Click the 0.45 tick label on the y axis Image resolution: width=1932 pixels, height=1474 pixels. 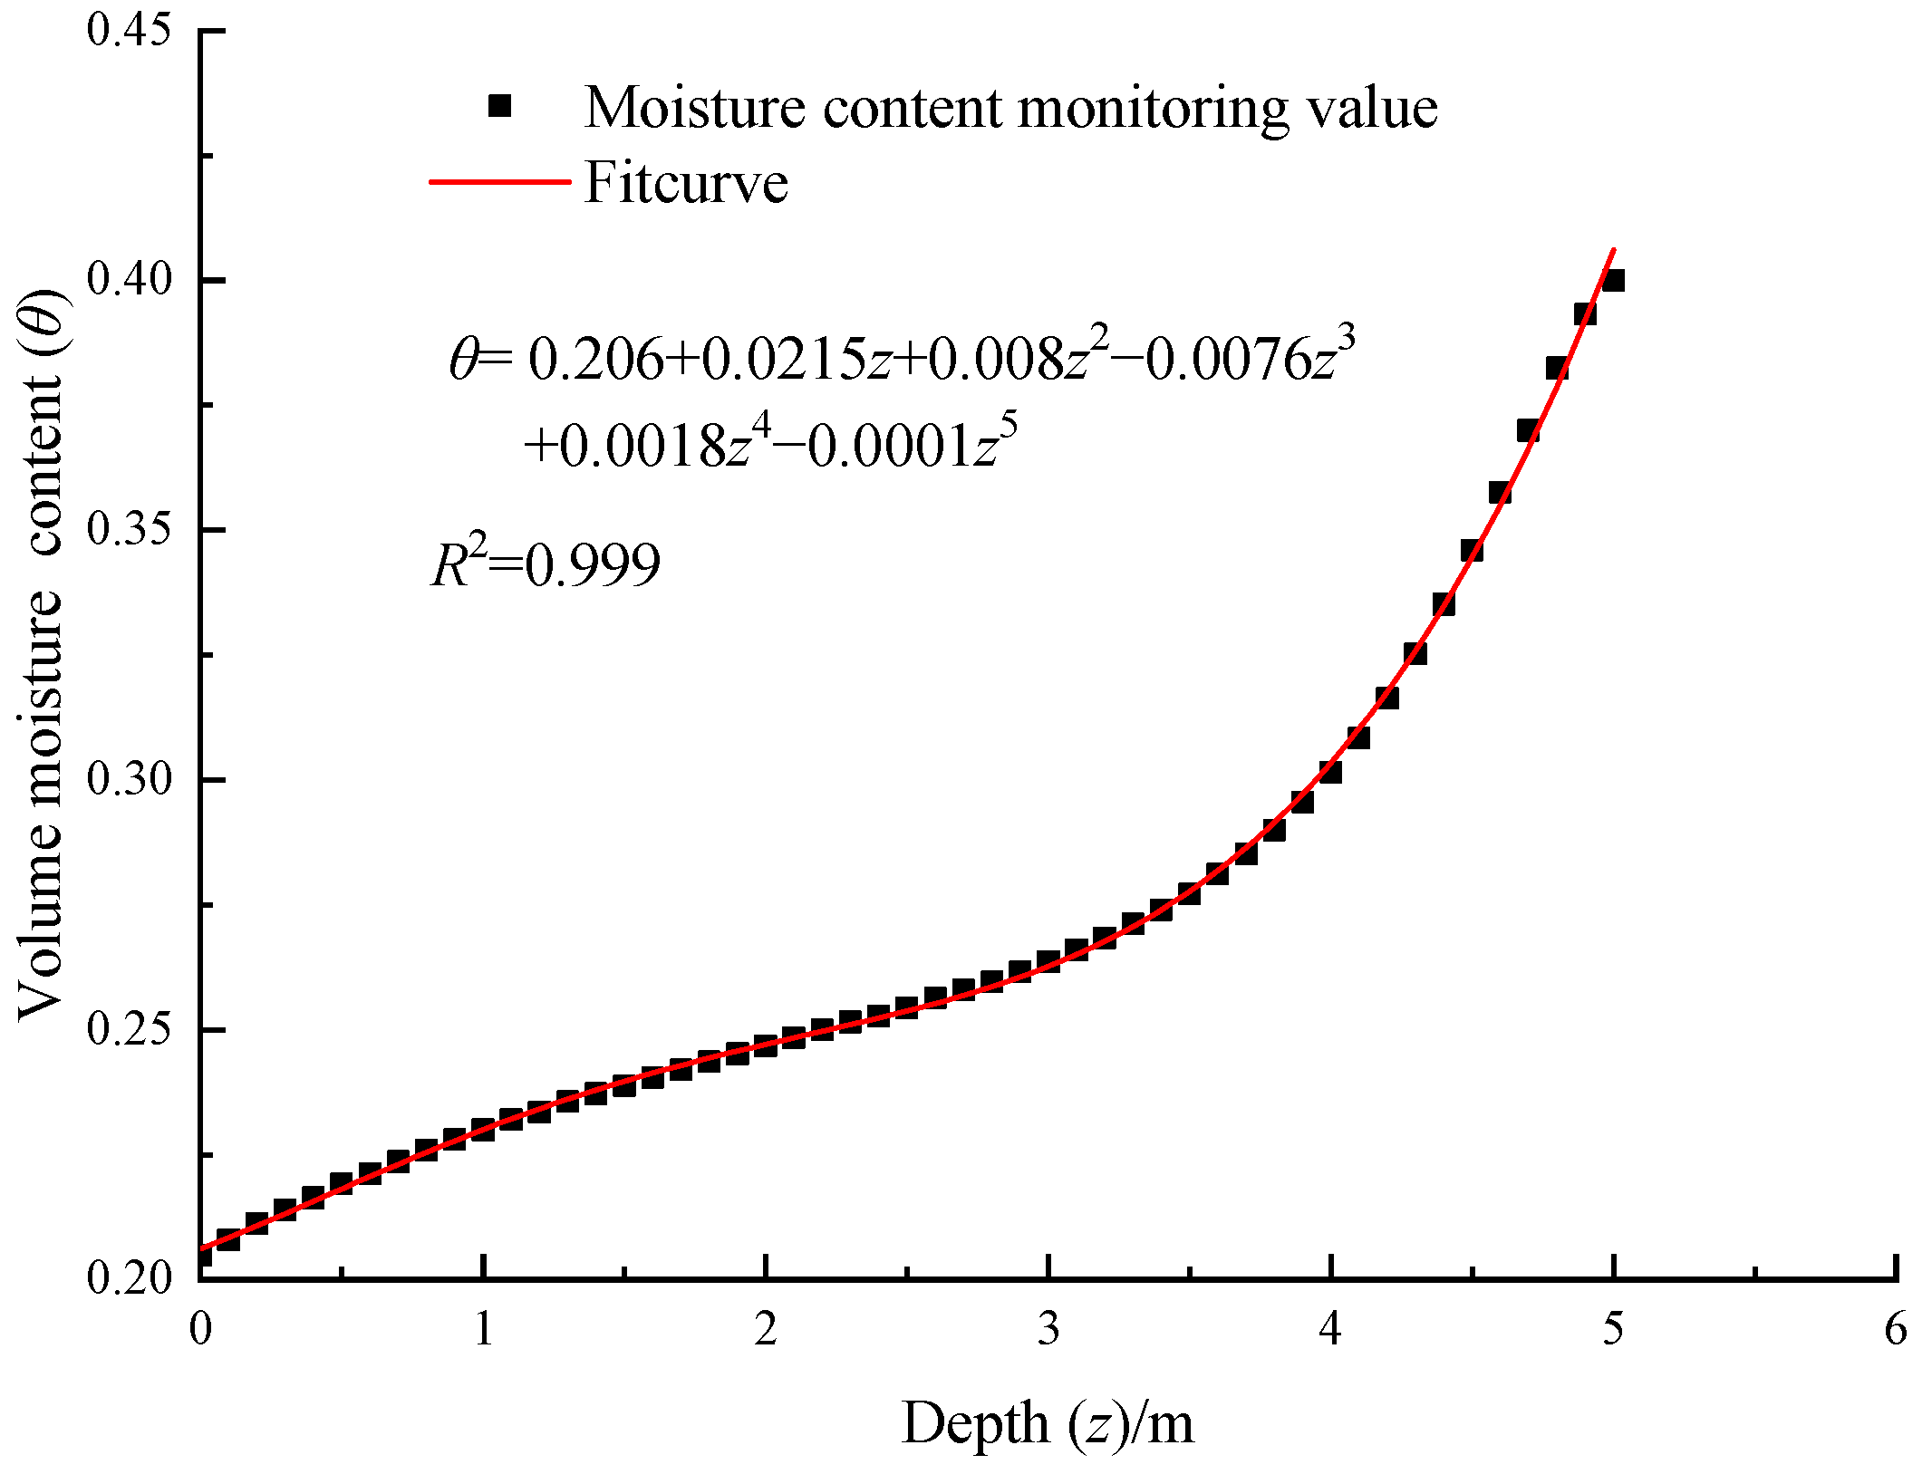tap(128, 29)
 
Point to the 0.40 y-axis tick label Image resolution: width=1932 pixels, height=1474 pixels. tap(128, 279)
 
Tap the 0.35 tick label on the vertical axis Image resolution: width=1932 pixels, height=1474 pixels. tap(128, 529)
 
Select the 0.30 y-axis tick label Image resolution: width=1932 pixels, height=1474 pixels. tap(128, 779)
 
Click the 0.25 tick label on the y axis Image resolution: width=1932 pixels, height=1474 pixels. tap(128, 1029)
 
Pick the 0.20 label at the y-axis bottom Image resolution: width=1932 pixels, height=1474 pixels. tap(128, 1277)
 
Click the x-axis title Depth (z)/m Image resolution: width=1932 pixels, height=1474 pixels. tap(1048, 1422)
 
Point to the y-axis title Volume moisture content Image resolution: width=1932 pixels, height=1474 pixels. tap(41, 652)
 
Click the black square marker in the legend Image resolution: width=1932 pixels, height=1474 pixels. tap(499, 107)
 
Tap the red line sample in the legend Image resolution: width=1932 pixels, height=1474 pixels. tap(499, 182)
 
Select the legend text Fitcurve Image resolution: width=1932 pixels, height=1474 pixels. tap(686, 182)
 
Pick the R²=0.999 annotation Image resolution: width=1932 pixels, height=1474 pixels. tap(546, 565)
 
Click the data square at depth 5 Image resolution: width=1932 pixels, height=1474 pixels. tap(1612, 281)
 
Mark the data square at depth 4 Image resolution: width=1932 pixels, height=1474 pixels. tap(1329, 772)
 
